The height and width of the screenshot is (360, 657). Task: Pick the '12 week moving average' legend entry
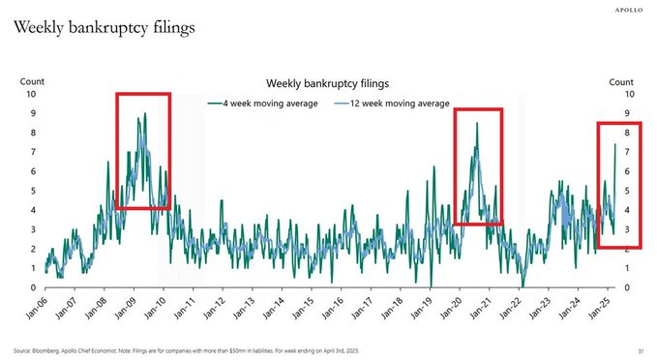coord(392,103)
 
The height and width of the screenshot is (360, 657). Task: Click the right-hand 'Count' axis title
coord(620,83)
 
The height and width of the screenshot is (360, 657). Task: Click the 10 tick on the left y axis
coord(32,95)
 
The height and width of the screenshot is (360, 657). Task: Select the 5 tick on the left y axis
coord(34,192)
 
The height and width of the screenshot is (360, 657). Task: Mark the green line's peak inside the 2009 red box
coord(145,113)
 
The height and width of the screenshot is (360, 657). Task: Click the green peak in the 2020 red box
coord(477,122)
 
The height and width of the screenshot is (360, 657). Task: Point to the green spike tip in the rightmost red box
coord(615,143)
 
